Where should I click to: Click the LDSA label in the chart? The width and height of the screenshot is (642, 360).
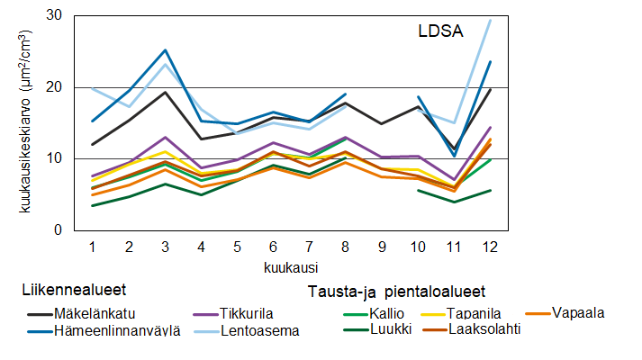[x=439, y=32]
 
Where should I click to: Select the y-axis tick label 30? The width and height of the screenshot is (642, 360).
[x=54, y=15]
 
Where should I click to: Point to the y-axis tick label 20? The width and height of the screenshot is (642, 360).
[x=54, y=87]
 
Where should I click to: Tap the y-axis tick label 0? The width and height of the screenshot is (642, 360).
[x=58, y=230]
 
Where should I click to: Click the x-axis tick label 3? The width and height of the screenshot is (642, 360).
[x=165, y=246]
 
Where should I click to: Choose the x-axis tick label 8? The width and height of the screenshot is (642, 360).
[x=346, y=246]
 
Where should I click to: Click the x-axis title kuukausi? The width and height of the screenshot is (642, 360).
[x=289, y=267]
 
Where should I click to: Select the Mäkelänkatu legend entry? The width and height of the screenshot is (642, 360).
[x=99, y=315]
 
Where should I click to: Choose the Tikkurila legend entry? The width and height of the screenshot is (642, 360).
[x=255, y=315]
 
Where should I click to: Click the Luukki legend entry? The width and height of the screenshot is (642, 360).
[x=389, y=329]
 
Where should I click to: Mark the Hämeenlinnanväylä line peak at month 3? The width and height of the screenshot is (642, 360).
[x=165, y=50]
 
